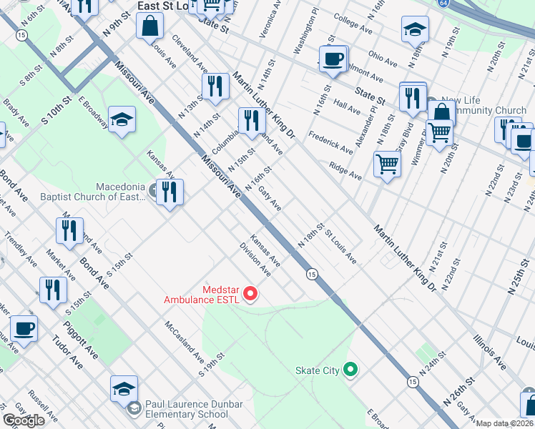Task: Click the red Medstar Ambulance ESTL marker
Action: coord(250,293)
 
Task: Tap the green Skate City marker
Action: coord(350,370)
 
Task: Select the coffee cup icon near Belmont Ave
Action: coord(333,59)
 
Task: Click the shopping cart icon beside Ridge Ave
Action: coord(387,164)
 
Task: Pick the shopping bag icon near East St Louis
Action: coord(151,27)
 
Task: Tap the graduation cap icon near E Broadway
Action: coord(122,120)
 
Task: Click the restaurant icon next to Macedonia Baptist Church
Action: coord(170,192)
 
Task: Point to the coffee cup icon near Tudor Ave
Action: coord(24,329)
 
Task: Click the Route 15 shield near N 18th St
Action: coord(312,274)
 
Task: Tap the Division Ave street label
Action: coord(255,262)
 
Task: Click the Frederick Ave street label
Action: coord(330,142)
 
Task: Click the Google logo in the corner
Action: coord(24,420)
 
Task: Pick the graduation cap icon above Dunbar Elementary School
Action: coord(124,389)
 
